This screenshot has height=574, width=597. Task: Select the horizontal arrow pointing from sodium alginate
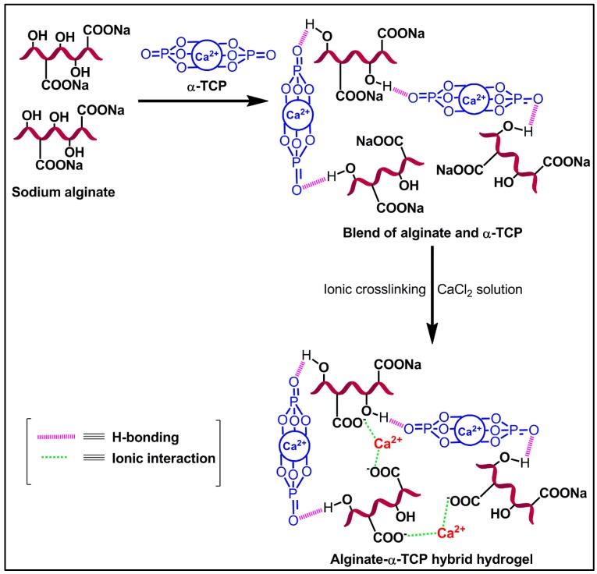tap(187, 100)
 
